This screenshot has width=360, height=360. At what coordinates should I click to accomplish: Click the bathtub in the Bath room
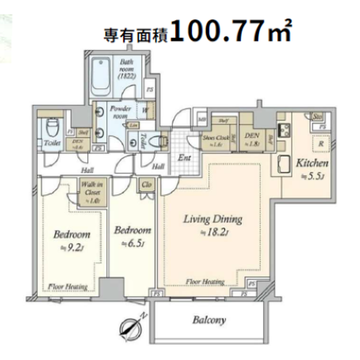[x=101, y=77]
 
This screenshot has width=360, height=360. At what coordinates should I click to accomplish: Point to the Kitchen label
[x=312, y=163]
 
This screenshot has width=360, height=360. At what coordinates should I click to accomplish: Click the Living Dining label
[x=213, y=219]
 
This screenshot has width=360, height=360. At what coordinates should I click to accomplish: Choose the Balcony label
[x=209, y=320]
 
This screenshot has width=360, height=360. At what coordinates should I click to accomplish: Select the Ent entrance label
[x=184, y=158]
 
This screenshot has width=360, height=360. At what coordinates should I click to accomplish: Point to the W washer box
[x=146, y=110]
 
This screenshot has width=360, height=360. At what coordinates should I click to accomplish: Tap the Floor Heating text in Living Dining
[x=205, y=282]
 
